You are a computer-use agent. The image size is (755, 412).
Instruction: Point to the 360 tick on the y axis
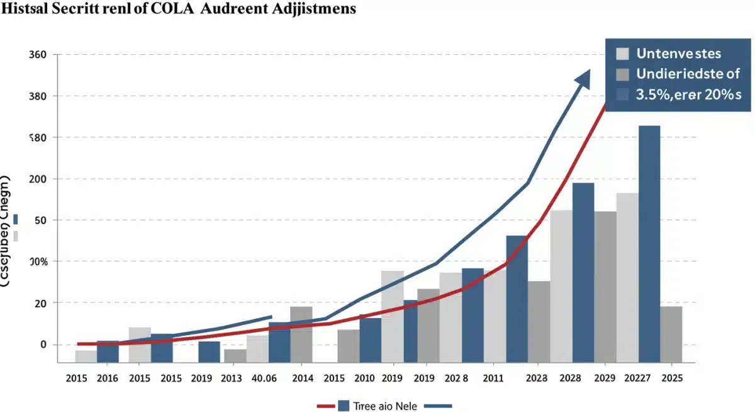(38, 55)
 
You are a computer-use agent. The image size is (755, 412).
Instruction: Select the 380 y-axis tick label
(38, 96)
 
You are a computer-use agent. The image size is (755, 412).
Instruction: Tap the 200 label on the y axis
(37, 179)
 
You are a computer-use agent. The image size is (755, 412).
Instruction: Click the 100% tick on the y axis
(37, 261)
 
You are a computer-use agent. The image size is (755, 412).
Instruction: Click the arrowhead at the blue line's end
(583, 78)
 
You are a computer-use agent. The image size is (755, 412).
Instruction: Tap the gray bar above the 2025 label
(671, 334)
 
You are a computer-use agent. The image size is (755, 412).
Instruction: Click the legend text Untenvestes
(678, 54)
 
